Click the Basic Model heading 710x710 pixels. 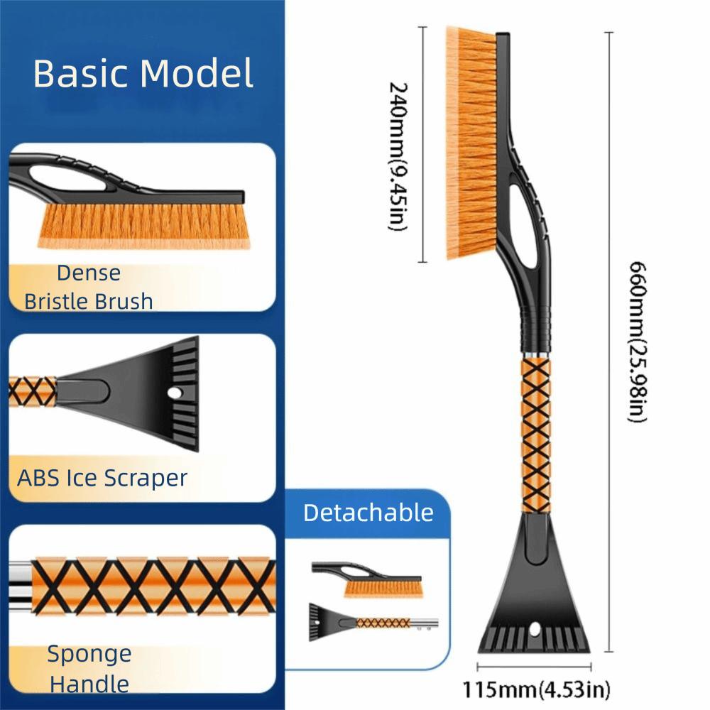click(x=143, y=74)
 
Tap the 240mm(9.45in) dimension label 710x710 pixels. click(x=398, y=156)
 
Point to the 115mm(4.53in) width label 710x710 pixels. click(x=536, y=689)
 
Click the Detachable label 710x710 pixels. click(x=368, y=513)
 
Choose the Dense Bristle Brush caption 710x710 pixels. click(x=89, y=287)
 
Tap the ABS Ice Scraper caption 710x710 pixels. click(x=102, y=477)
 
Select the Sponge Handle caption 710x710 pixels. click(x=89, y=669)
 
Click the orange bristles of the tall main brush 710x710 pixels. click(x=471, y=142)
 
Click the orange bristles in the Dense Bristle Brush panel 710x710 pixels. click(x=142, y=224)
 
